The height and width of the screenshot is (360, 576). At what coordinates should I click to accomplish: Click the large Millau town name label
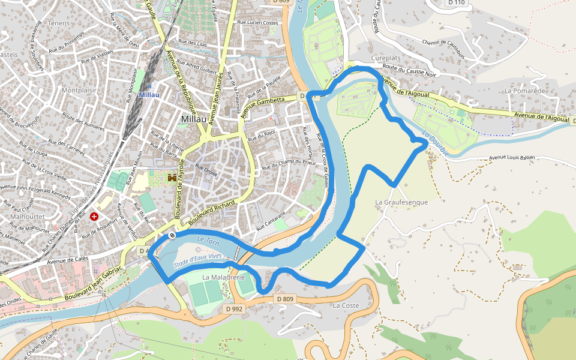pyautogui.click(x=194, y=119)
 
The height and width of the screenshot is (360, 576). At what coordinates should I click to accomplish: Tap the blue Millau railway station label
pyautogui.click(x=149, y=95)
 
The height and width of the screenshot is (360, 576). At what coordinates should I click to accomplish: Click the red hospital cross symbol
pyautogui.click(x=94, y=216)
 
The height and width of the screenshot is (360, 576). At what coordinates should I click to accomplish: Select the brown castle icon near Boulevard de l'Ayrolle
pyautogui.click(x=172, y=178)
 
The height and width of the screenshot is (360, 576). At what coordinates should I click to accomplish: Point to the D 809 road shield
pyautogui.click(x=286, y=299)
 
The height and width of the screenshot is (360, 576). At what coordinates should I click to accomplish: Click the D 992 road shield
pyautogui.click(x=235, y=308)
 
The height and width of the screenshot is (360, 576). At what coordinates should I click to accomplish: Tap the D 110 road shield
pyautogui.click(x=457, y=2)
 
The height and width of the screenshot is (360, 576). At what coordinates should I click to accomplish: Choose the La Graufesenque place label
pyautogui.click(x=401, y=202)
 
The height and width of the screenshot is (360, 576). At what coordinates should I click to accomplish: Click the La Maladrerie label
pyautogui.click(x=223, y=277)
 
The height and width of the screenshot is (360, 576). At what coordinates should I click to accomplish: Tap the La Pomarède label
pyautogui.click(x=524, y=91)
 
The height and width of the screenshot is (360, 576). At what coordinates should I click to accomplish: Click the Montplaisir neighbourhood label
pyautogui.click(x=79, y=90)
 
